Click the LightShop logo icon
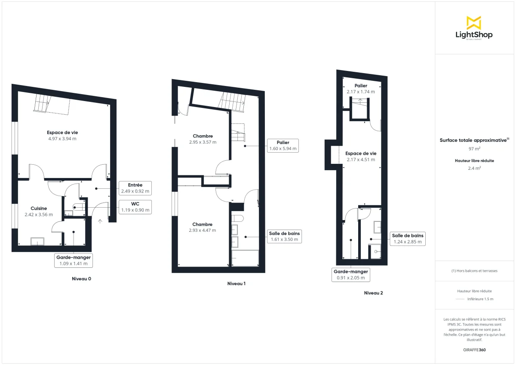click(x=474, y=22)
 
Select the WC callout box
click(x=135, y=207)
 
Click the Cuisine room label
click(x=39, y=208)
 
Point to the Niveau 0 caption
click(x=81, y=279)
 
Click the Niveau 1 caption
click(x=236, y=284)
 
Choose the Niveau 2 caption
click(x=373, y=293)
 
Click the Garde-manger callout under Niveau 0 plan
click(x=73, y=261)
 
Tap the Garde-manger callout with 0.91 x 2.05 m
click(x=351, y=274)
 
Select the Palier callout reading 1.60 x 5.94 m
click(x=282, y=145)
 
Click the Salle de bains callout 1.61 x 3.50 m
click(x=284, y=236)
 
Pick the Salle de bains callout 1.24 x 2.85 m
click(x=407, y=239)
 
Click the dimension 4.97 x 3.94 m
click(x=62, y=138)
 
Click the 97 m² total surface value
click(x=474, y=149)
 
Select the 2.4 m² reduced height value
click(x=474, y=168)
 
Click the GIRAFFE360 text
click(x=474, y=350)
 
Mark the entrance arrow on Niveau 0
click(x=100, y=221)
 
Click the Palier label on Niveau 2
click(x=361, y=86)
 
